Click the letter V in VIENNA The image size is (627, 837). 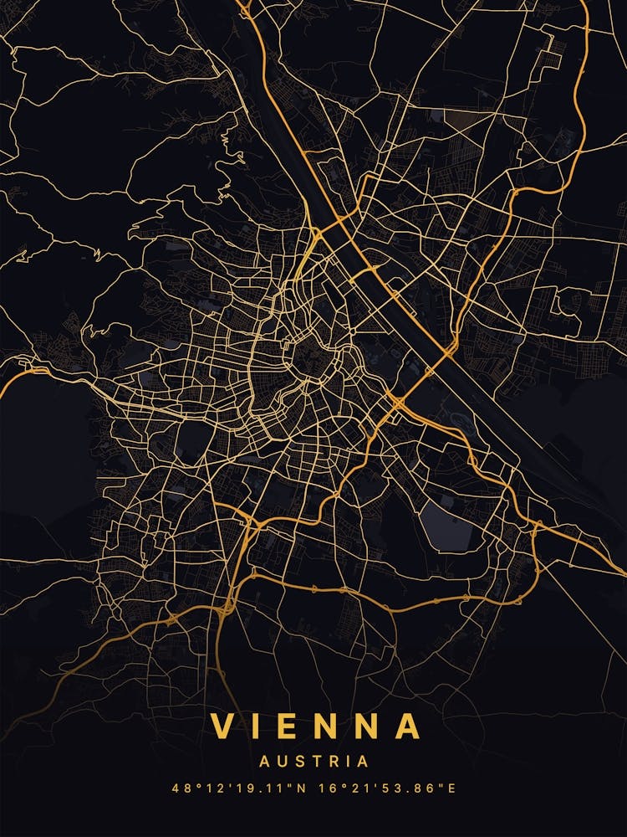223,726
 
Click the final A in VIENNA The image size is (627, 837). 407,726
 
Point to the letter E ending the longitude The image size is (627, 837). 452,788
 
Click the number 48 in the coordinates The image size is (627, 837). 180,788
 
